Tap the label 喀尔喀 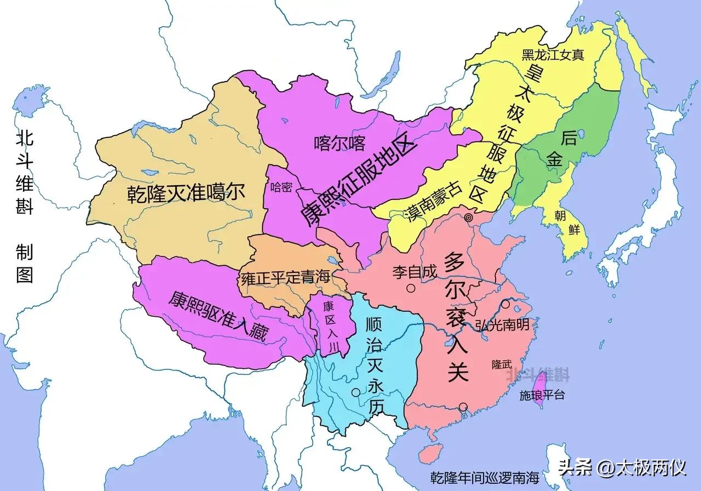click(x=340, y=144)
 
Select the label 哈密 click(x=281, y=187)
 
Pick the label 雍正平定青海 click(x=285, y=277)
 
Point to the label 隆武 click(x=502, y=364)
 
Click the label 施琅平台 click(x=542, y=395)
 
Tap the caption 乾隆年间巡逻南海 click(x=477, y=476)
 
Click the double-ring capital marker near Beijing click(x=468, y=218)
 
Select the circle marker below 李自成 click(x=410, y=288)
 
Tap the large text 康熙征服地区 click(x=359, y=181)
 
